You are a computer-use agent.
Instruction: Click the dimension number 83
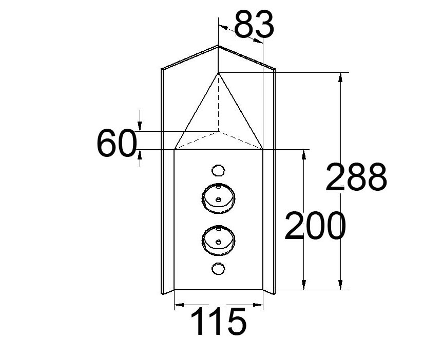(x=254, y=25)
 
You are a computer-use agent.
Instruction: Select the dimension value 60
(x=117, y=144)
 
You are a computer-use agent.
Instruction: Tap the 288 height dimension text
(x=356, y=177)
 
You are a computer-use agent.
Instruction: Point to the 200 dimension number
(x=315, y=226)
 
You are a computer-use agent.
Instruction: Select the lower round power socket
(x=218, y=240)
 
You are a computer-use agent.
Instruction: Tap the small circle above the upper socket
(x=218, y=170)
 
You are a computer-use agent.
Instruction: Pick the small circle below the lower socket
(x=218, y=268)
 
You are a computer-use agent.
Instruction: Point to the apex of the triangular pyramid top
(x=219, y=73)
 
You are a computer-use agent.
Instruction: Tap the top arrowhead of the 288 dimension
(x=340, y=77)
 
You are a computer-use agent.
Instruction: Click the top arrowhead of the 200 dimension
(x=304, y=154)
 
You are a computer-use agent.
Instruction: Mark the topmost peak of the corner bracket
(x=219, y=46)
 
